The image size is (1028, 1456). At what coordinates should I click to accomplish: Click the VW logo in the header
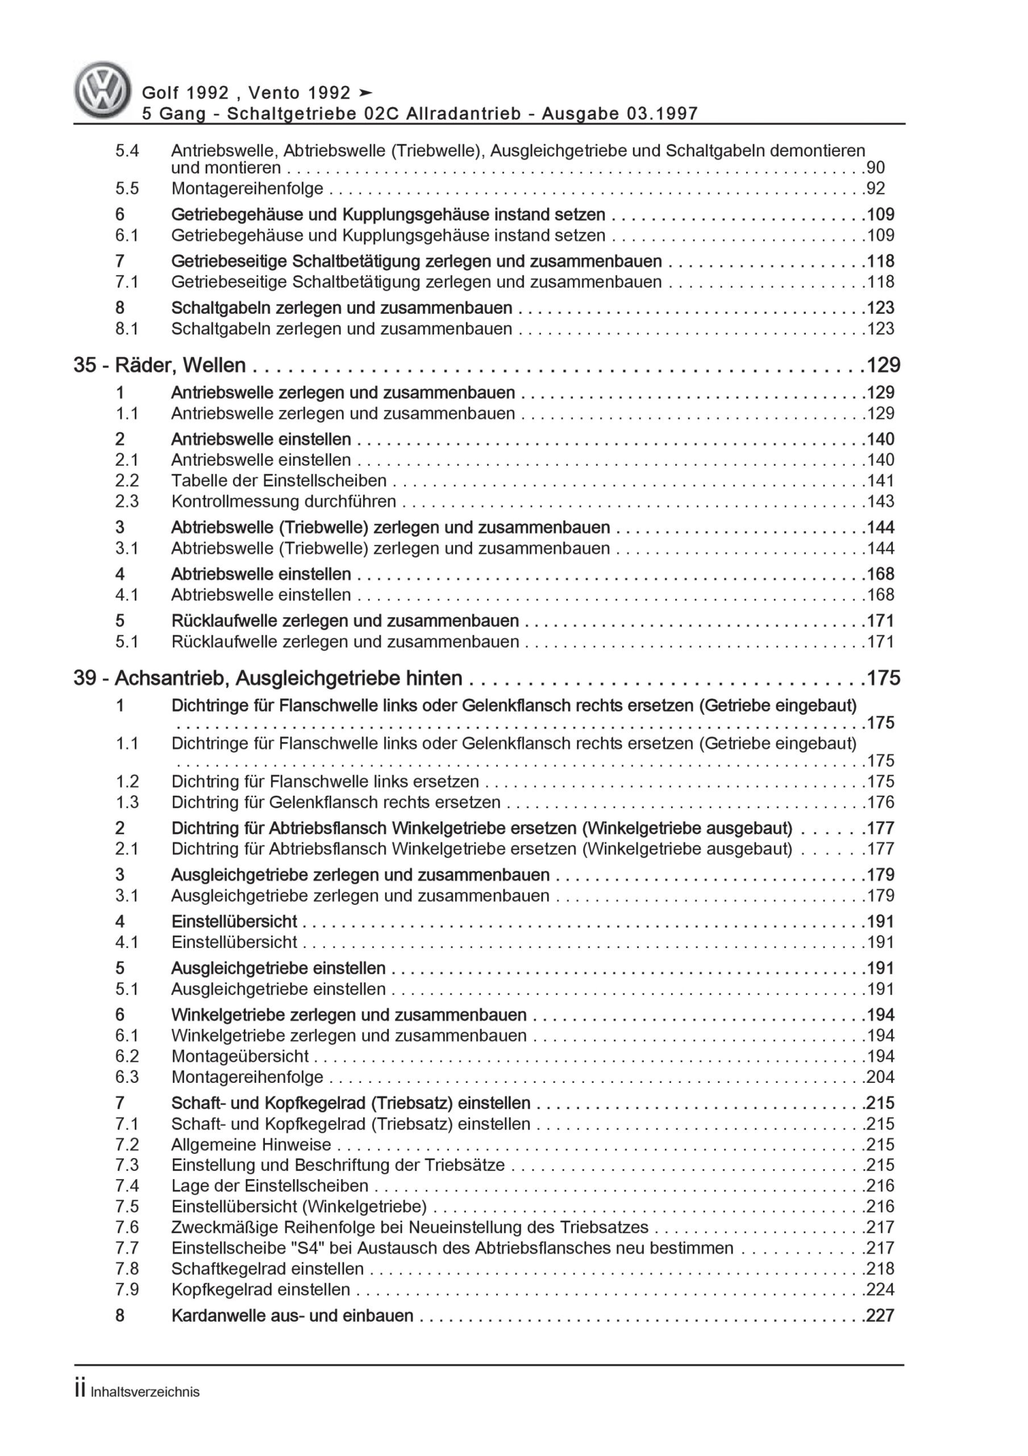point(103,90)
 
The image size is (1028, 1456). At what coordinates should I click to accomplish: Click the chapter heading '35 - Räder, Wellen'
point(160,365)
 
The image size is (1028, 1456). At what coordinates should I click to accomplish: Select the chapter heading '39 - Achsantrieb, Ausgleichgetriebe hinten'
point(268,679)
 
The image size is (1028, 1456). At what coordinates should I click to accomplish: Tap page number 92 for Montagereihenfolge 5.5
point(875,188)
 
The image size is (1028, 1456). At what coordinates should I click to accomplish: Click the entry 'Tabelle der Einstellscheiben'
point(279,481)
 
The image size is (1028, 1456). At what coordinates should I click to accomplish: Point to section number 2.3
point(127,502)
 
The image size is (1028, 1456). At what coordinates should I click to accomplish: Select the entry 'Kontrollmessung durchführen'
point(284,502)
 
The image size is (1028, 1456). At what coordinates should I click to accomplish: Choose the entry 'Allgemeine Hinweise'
point(251,1145)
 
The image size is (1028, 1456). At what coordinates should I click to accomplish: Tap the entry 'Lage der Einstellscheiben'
point(269,1186)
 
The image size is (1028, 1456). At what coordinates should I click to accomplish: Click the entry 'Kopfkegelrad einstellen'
point(260,1289)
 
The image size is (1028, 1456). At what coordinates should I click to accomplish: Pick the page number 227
point(880,1316)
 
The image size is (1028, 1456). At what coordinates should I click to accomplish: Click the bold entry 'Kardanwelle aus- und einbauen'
point(292,1316)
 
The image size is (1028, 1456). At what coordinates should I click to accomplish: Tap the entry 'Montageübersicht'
point(240,1057)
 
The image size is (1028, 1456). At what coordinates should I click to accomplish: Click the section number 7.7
point(127,1248)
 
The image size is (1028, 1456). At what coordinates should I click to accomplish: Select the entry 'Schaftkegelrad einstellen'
point(268,1269)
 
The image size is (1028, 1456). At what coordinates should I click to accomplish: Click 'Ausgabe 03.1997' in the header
point(620,114)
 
